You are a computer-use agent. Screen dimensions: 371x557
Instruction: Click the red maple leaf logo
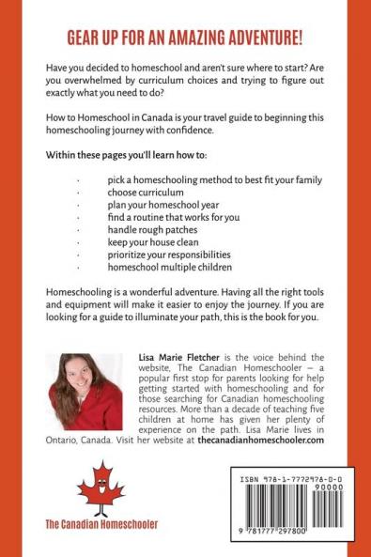[100, 489]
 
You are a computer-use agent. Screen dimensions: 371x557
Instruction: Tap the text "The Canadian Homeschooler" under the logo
[101, 523]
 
